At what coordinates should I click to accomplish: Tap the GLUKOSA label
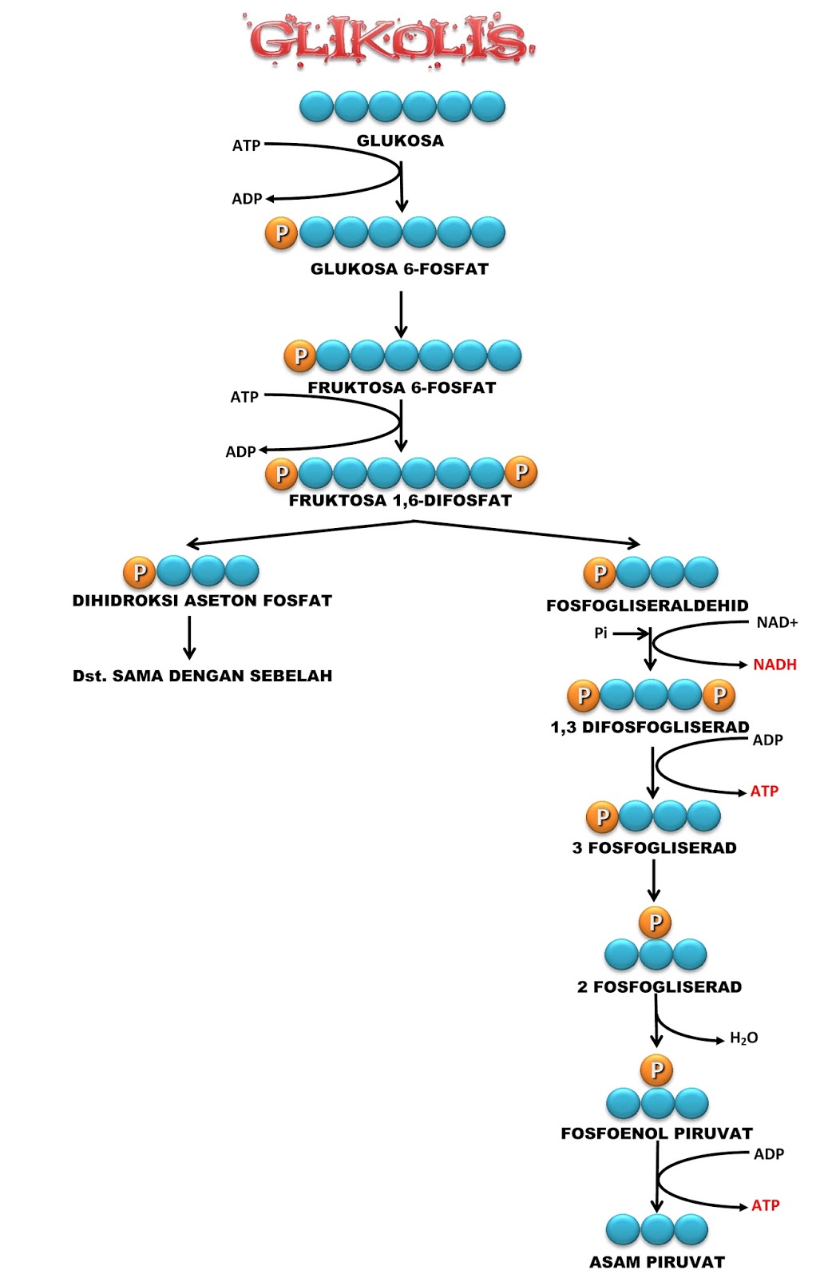coord(400,141)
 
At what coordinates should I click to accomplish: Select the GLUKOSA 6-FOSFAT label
coord(399,268)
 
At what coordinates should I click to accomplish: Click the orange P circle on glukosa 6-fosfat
coord(281,232)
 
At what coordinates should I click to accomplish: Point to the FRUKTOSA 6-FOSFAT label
coord(402,387)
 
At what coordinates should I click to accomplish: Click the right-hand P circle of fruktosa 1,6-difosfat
coord(521,472)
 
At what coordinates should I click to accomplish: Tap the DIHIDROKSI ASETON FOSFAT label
coord(202,600)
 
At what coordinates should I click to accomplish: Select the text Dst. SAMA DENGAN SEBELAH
coord(202,676)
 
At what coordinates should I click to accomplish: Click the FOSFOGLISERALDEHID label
coord(648,605)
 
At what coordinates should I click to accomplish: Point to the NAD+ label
coord(777,622)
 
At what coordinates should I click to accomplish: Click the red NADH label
coord(774,665)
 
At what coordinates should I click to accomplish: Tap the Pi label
coord(600,633)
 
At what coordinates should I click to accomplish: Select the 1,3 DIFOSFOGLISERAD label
coord(650,727)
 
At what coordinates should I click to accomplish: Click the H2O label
coord(743,1038)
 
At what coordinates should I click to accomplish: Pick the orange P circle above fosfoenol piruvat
coord(656,1070)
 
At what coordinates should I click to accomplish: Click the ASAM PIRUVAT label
coord(657,1261)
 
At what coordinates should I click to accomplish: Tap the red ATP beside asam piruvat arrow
coord(765,1205)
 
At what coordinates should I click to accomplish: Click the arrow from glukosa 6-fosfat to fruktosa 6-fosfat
coord(401,315)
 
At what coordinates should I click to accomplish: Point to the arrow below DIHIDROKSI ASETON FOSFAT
coord(189,638)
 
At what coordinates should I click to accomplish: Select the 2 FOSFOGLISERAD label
coord(660,986)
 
